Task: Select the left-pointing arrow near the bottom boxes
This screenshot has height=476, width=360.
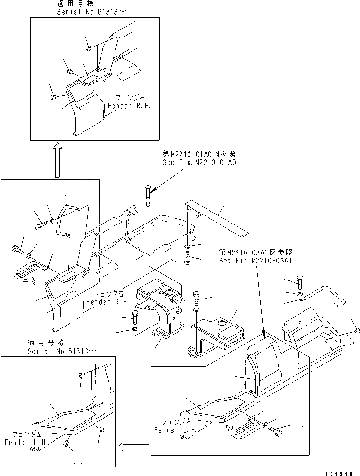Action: coord(133,446)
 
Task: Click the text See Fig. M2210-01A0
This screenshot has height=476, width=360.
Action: coord(199,162)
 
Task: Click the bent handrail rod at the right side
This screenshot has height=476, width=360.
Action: coord(323,294)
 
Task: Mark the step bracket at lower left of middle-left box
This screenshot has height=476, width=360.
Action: coord(25,274)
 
